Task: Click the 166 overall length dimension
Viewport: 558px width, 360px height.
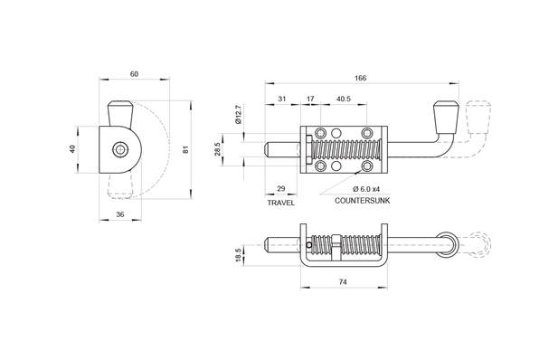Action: pyautogui.click(x=360, y=78)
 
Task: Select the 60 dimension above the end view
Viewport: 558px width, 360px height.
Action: pyautogui.click(x=134, y=74)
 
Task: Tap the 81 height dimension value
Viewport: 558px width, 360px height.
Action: pyautogui.click(x=185, y=149)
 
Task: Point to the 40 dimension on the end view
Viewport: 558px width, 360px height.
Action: pyautogui.click(x=72, y=149)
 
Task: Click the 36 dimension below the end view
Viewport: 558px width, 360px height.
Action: pyautogui.click(x=120, y=214)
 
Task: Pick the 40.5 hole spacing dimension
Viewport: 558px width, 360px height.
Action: pyautogui.click(x=343, y=99)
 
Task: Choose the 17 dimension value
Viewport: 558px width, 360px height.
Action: pyautogui.click(x=310, y=99)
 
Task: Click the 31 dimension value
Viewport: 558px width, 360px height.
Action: pyautogui.click(x=282, y=99)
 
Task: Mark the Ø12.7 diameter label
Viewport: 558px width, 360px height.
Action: pyautogui.click(x=239, y=114)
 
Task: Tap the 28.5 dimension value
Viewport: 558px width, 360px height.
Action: pyautogui.click(x=218, y=149)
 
